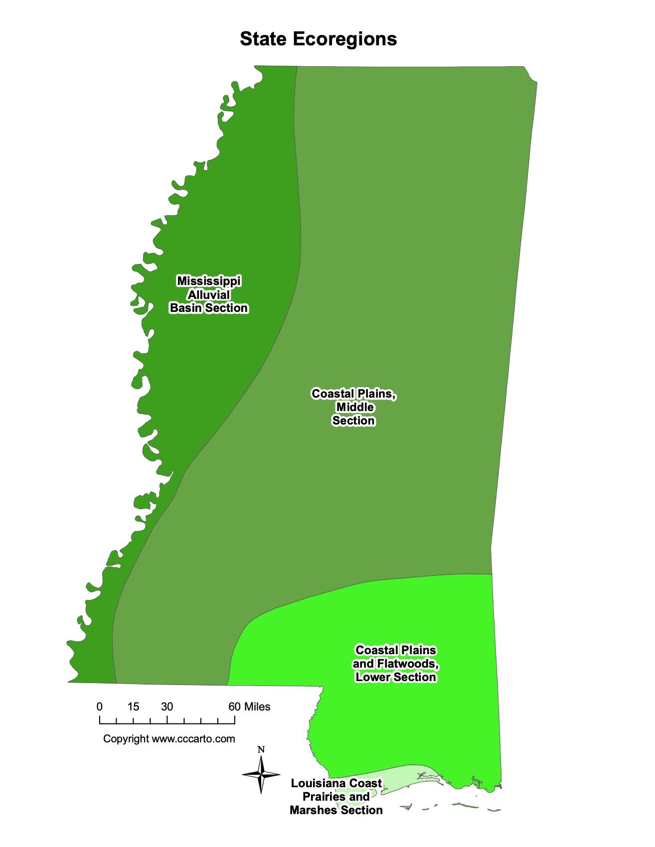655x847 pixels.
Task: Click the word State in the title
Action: coord(263,39)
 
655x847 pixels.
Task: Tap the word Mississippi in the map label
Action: coord(209,281)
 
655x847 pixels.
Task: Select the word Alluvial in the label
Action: coord(209,294)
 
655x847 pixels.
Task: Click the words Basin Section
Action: coord(209,308)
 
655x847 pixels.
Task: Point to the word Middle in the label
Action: coord(355,407)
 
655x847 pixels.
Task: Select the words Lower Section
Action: coord(396,678)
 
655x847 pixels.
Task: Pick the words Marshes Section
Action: coord(336,811)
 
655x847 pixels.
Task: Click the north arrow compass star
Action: coord(261,774)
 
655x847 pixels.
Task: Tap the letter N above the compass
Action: coord(261,749)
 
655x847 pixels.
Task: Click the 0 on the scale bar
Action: coord(100,706)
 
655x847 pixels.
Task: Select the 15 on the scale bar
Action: coord(133,706)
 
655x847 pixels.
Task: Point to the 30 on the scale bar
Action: coord(167,706)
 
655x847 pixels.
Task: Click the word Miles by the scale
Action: coord(257,706)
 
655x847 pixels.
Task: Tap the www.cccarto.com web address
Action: coord(193,738)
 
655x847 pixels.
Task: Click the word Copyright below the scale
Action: coord(126,738)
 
